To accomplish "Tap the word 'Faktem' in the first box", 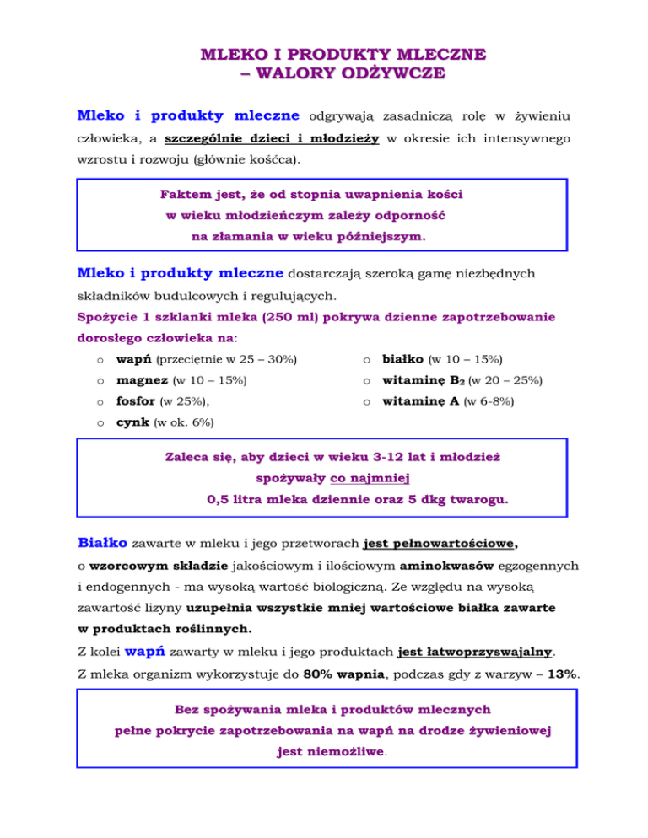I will (184, 194).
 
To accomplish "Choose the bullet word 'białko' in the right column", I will (393, 360).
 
